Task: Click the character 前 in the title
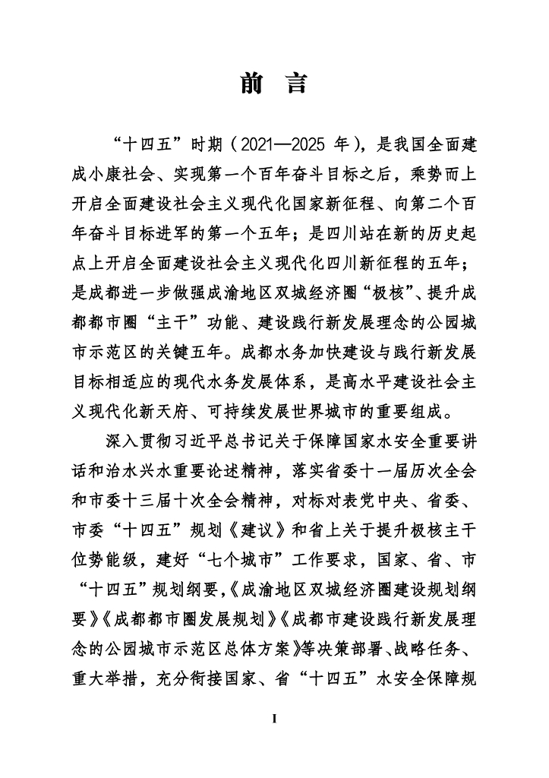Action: click(251, 84)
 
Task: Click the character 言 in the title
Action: click(296, 84)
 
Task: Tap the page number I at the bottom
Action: click(274, 717)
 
